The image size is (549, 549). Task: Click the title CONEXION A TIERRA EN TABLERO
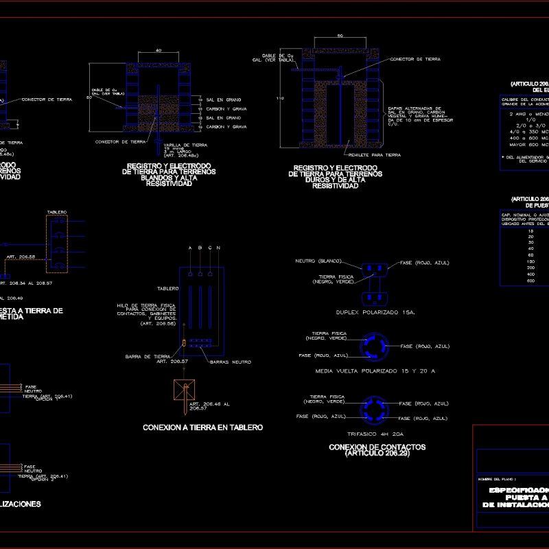click(202, 428)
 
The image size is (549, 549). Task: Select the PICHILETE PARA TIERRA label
click(374, 155)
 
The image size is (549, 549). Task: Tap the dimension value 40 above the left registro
click(159, 51)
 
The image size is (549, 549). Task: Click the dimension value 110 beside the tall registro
click(279, 98)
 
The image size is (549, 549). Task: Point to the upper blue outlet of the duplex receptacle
click(375, 267)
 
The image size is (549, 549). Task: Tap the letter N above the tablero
click(218, 247)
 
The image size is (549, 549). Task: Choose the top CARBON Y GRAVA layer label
click(230, 109)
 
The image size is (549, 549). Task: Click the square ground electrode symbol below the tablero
click(184, 391)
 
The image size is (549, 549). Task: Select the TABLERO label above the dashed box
click(56, 211)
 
